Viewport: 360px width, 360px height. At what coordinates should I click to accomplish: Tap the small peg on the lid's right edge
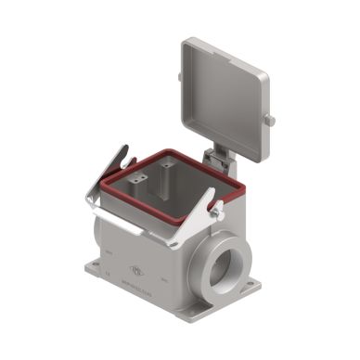(271, 121)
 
